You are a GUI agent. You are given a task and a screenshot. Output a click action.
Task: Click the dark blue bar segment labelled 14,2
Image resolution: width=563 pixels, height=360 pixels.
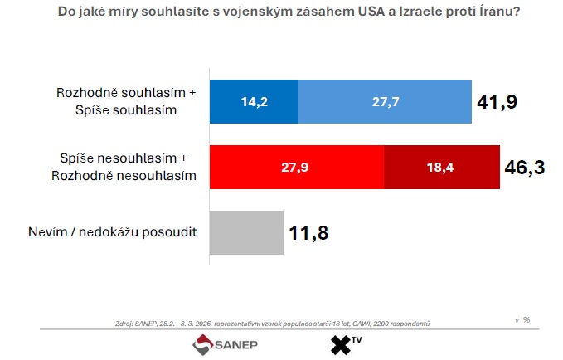click(x=254, y=101)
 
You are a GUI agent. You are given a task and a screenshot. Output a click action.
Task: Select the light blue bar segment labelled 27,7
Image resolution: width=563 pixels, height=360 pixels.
click(x=385, y=101)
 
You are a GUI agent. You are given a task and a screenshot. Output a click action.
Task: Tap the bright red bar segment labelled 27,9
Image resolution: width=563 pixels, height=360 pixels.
click(x=297, y=167)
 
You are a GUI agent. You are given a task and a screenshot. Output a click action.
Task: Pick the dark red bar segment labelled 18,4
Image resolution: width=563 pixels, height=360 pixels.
click(x=442, y=167)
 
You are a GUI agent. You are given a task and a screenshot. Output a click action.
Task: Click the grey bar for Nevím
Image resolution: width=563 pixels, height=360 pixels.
click(x=246, y=232)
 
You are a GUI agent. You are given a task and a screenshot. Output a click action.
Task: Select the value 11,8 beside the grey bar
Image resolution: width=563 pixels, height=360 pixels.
click(x=309, y=233)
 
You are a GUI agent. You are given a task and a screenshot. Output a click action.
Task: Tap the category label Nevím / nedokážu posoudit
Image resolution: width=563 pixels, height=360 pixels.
click(x=113, y=232)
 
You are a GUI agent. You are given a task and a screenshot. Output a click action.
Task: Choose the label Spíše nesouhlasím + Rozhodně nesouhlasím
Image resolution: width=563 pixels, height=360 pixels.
click(x=127, y=167)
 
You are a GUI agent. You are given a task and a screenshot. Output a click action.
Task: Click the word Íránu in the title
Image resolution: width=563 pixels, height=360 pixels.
click(x=490, y=13)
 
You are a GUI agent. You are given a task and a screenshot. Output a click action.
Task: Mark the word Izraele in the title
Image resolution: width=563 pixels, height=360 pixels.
click(x=408, y=13)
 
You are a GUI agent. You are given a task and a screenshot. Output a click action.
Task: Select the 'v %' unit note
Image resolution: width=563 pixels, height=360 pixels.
click(x=522, y=319)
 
